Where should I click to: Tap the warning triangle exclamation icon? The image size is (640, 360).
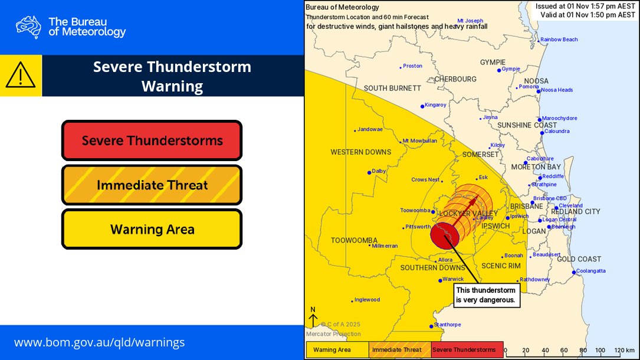21,76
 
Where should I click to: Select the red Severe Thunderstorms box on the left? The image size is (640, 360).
152,140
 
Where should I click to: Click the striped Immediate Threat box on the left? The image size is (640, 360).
152,185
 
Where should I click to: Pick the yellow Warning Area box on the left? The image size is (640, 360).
152,229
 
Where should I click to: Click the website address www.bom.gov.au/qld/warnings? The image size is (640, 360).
99,342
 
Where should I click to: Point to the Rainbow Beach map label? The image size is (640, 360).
559,40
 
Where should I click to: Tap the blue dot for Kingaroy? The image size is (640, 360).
422,106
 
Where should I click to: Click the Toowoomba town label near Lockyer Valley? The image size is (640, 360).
413,210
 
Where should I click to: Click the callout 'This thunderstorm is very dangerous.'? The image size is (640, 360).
485,295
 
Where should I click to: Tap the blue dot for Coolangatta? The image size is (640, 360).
574,272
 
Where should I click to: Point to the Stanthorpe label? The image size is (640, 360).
448,325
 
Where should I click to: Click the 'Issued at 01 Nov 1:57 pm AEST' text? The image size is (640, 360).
585,6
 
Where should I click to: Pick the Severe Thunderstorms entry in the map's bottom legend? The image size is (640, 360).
466,350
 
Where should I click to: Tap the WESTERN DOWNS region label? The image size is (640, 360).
360,152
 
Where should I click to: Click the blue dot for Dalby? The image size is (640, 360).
369,172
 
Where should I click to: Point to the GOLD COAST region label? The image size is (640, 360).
579,259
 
